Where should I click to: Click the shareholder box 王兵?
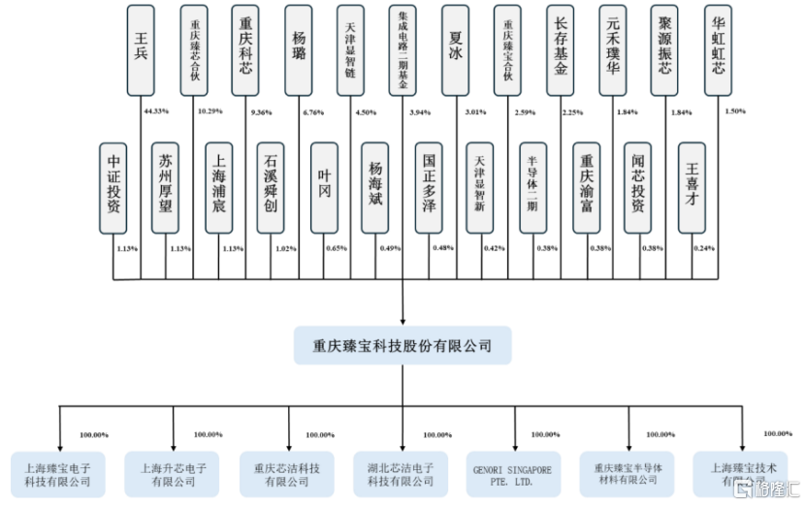[x=142, y=49]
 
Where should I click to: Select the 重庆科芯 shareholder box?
[x=246, y=49]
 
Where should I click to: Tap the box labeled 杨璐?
[x=299, y=49]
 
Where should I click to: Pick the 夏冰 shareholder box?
[x=456, y=49]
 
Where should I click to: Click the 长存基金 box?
[x=561, y=49]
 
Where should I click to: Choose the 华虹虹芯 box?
[x=718, y=49]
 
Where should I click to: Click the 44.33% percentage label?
[x=156, y=111]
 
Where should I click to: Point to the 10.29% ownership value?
[x=209, y=111]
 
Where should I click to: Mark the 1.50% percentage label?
[x=734, y=111]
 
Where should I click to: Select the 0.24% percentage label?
[x=704, y=248]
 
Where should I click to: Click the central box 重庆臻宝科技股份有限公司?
[x=403, y=345]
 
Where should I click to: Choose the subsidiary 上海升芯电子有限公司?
[x=173, y=474]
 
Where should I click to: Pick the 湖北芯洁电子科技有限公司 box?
[x=402, y=474]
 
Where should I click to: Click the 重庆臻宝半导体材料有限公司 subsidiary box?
[x=629, y=474]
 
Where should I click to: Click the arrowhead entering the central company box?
[x=403, y=320]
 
